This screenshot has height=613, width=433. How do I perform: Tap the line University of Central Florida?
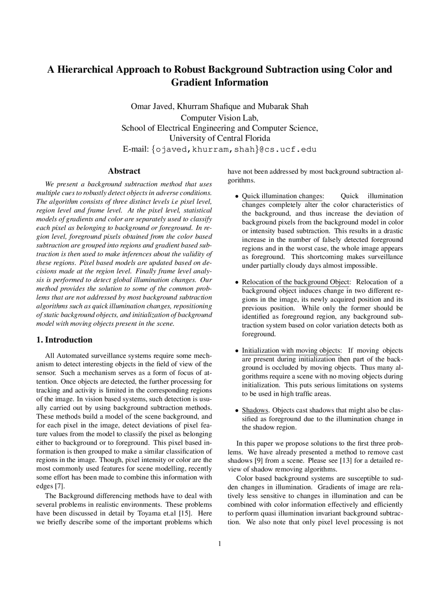click(x=220, y=138)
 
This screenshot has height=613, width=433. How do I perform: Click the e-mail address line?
click(x=220, y=149)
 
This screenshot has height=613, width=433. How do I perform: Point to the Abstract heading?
click(x=124, y=171)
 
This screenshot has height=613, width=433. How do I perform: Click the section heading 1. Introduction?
click(x=64, y=340)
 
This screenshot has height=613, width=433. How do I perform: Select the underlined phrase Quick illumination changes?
click(x=282, y=196)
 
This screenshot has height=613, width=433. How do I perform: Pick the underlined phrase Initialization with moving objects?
click(x=291, y=350)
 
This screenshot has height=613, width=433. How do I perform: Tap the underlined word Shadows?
click(x=255, y=410)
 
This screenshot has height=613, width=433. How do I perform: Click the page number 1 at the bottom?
click(x=220, y=544)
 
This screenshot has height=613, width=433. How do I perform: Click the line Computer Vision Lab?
click(x=220, y=118)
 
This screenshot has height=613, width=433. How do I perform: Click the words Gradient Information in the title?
click(x=220, y=82)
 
